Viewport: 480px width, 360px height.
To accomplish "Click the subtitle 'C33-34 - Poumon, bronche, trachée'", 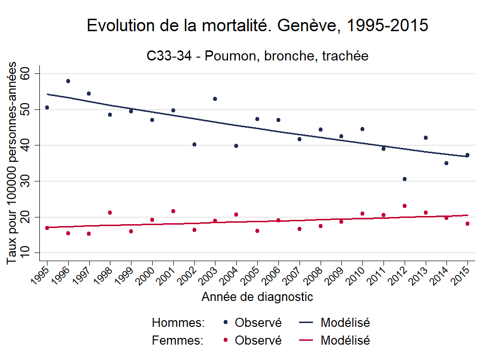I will pyautogui.click(x=257, y=56).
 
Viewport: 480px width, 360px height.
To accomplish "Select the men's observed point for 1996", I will pyautogui.click(x=68, y=81).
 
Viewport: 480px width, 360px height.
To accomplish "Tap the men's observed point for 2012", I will pyautogui.click(x=405, y=179).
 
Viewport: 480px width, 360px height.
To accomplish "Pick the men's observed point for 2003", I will pyautogui.click(x=215, y=99).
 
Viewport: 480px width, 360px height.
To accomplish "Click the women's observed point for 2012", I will pyautogui.click(x=405, y=206).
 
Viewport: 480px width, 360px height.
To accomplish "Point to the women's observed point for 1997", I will pyautogui.click(x=89, y=234).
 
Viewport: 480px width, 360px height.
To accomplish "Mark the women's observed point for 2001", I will pyautogui.click(x=173, y=211).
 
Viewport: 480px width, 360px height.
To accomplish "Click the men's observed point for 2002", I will pyautogui.click(x=194, y=144).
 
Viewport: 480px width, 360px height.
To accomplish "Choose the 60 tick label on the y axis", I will pyautogui.click(x=25, y=73).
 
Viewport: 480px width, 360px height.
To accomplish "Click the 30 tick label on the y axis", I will pyautogui.click(x=25, y=181).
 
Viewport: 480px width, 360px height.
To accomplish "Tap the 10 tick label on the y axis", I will pyautogui.click(x=25, y=253).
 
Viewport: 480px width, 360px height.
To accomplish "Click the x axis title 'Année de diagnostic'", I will pyautogui.click(x=257, y=297).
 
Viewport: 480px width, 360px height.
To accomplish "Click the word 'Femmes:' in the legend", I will pyautogui.click(x=178, y=341).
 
